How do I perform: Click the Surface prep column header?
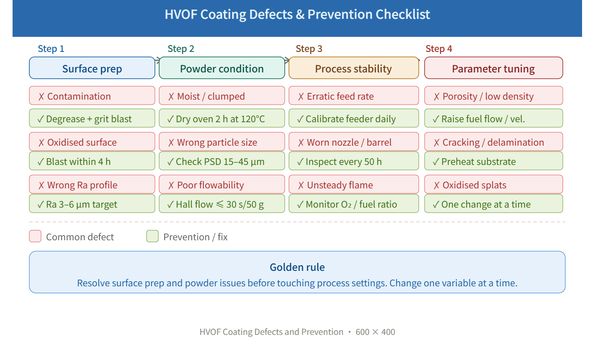(x=92, y=68)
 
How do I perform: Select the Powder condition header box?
(x=222, y=68)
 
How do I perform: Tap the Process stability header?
(x=353, y=68)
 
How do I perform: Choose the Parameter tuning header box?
(x=493, y=68)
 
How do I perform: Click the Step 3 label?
(x=309, y=49)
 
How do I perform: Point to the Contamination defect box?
(x=92, y=96)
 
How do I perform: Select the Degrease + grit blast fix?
(x=92, y=118)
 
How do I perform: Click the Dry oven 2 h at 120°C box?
(x=222, y=118)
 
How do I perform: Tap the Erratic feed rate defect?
(x=353, y=96)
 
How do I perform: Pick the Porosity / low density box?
(x=493, y=96)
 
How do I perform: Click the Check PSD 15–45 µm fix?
(x=222, y=161)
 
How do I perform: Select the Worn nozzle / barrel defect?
(x=353, y=142)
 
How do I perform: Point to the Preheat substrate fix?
(x=493, y=161)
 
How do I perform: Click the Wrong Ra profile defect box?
(x=92, y=185)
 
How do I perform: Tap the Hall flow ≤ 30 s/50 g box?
(x=222, y=204)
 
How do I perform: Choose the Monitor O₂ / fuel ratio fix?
(x=353, y=204)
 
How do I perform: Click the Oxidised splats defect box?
(x=493, y=185)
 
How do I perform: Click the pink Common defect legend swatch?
(x=36, y=236)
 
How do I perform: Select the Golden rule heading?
(x=297, y=267)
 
